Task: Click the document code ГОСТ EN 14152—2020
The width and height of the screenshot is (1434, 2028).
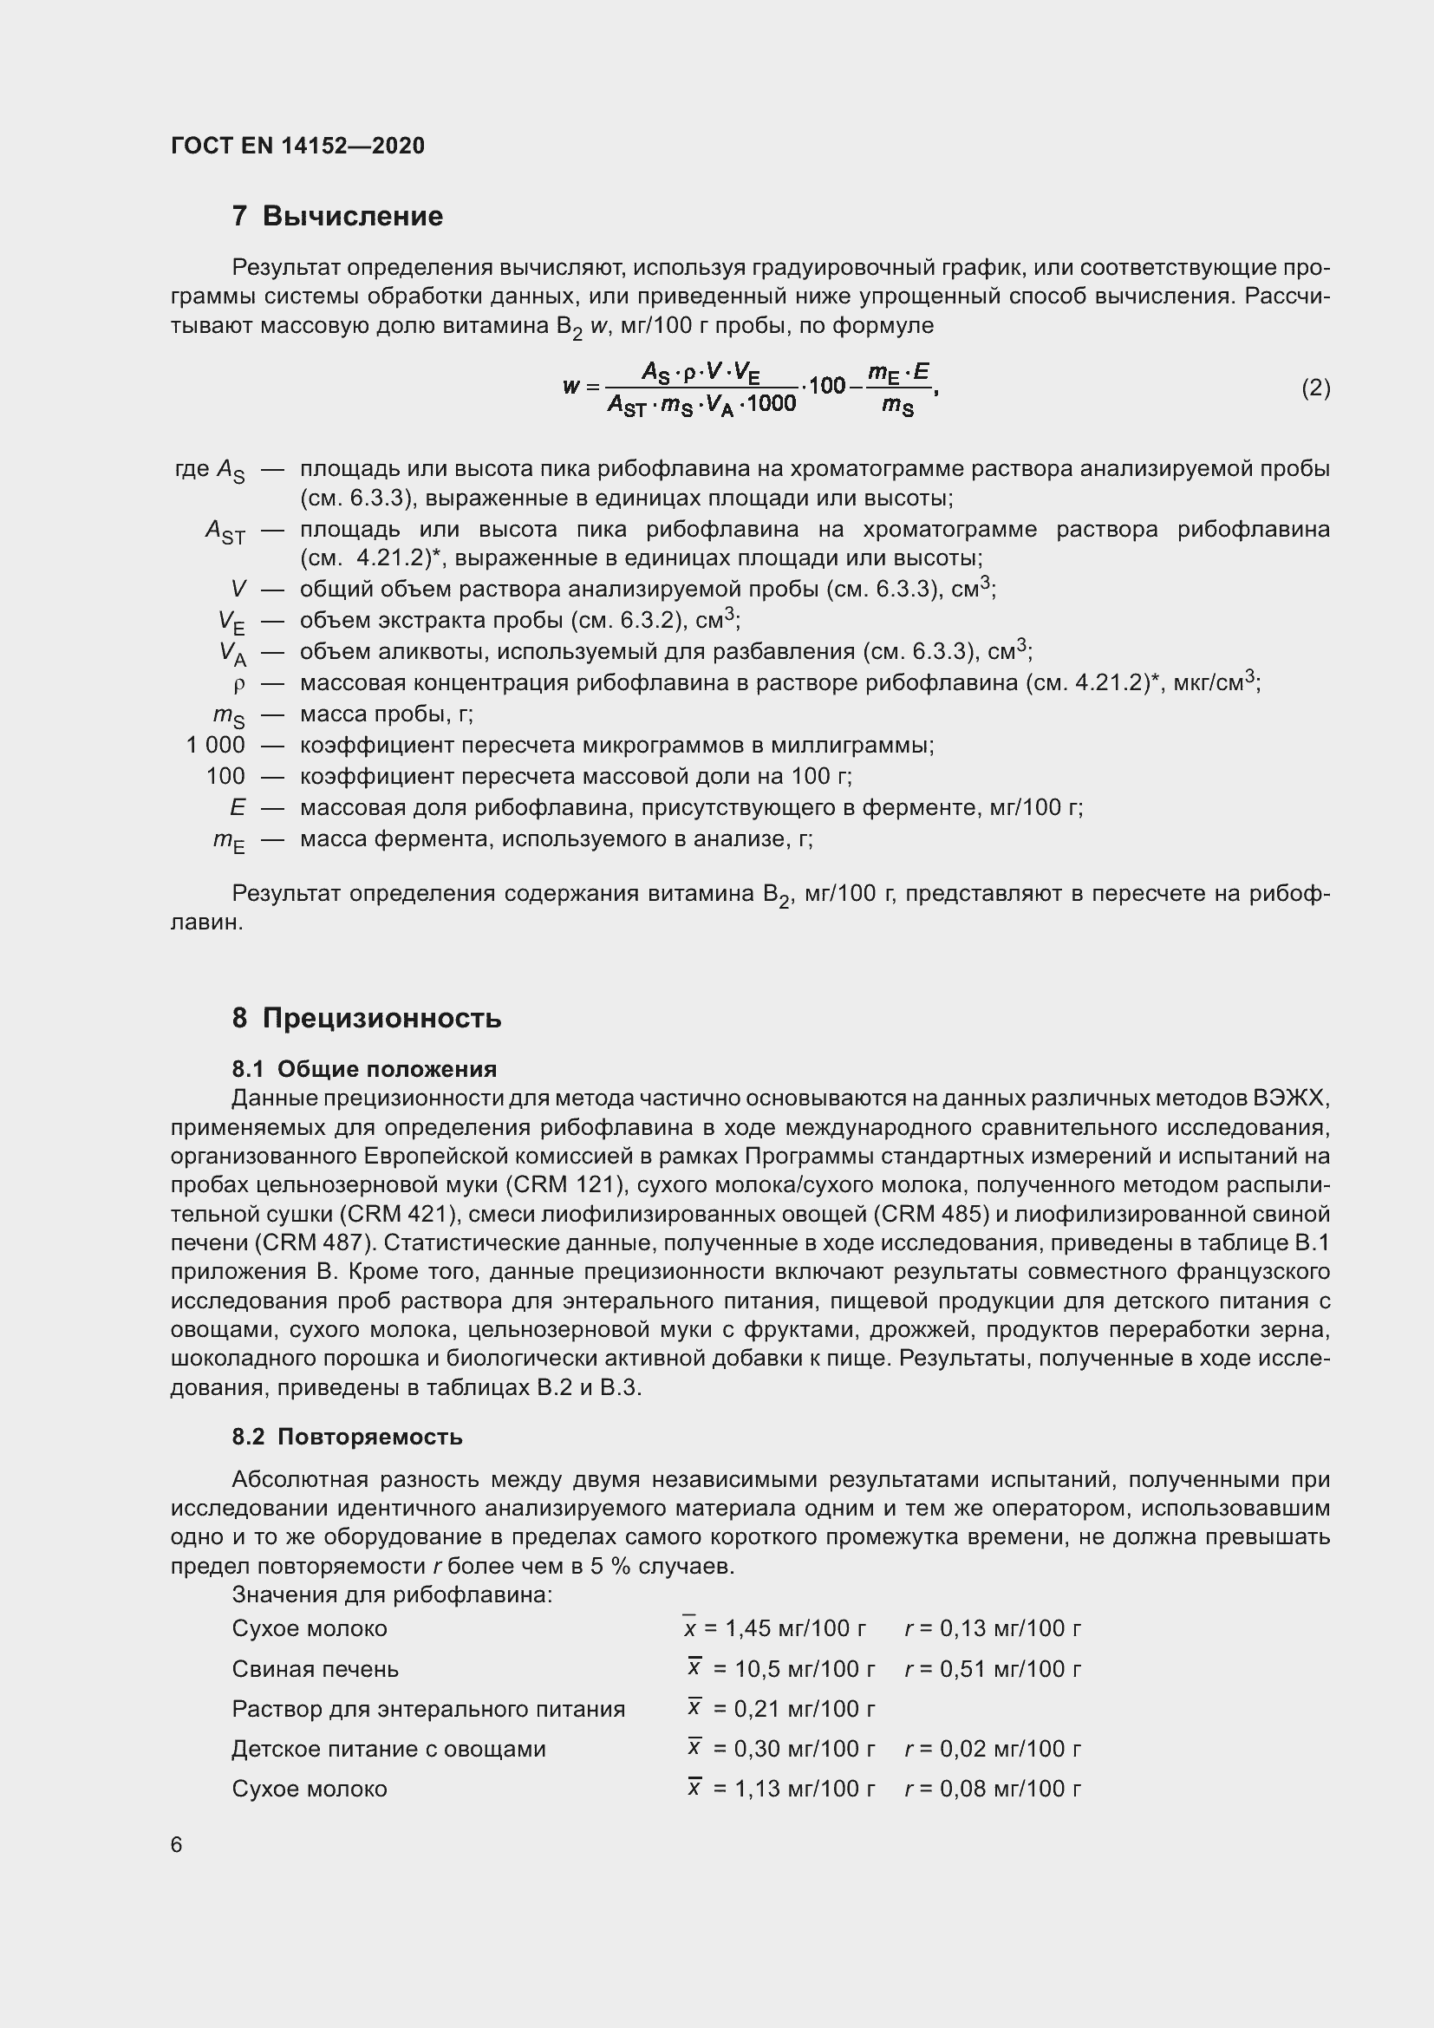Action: coord(297,146)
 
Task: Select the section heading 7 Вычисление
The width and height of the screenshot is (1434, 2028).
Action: coord(337,216)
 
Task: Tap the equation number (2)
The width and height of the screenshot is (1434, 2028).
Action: coord(1315,388)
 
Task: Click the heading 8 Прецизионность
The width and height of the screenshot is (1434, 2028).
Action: coord(367,1018)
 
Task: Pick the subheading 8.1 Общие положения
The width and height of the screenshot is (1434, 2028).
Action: coord(364,1069)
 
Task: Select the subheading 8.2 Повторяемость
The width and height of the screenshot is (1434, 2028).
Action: coord(347,1436)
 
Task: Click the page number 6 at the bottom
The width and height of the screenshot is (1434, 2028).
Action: coord(177,1844)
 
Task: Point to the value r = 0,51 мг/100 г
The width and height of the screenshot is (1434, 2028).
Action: coord(993,1668)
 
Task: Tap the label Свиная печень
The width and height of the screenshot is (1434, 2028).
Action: coord(316,1668)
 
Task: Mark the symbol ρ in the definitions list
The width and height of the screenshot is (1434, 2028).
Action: coord(238,685)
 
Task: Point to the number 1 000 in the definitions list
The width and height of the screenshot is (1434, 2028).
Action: coord(216,746)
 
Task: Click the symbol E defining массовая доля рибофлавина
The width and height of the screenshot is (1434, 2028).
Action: coord(238,807)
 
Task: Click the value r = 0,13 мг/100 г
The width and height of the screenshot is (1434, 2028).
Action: coord(993,1628)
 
